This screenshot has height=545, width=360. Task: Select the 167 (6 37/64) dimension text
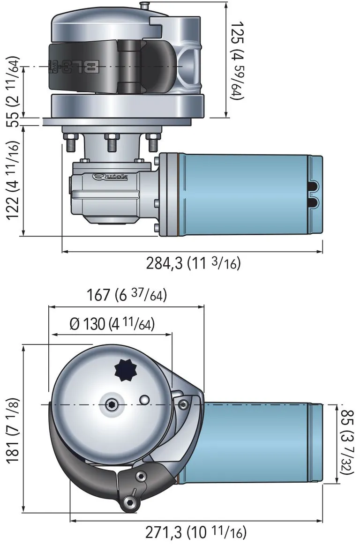coord(127,295)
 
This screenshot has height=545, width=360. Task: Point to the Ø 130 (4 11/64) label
coord(112,324)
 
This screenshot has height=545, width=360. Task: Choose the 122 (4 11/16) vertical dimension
coord(14,180)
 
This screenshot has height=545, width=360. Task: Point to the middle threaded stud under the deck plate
coord(112,142)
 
